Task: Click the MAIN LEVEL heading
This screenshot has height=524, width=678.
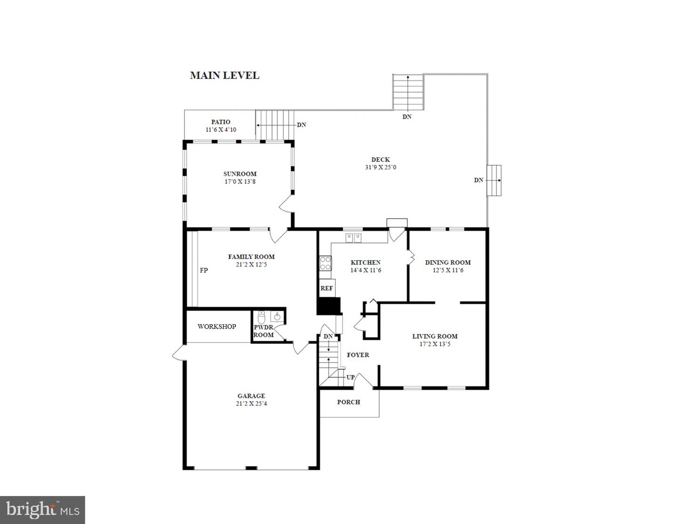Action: tap(224, 75)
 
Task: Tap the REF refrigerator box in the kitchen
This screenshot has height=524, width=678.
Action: tap(326, 288)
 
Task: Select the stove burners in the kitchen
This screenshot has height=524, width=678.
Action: tap(325, 263)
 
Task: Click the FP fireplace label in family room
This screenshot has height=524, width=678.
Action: tap(203, 270)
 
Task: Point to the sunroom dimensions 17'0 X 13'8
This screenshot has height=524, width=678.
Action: tap(240, 182)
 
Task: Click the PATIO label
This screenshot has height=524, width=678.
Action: tap(220, 122)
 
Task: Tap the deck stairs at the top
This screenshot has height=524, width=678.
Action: tap(408, 92)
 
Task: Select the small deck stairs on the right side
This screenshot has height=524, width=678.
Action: tap(494, 180)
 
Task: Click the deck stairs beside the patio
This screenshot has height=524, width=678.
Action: tap(275, 125)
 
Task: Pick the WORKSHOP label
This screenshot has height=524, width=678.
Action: tap(217, 326)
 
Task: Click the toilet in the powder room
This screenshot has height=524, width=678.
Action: tap(262, 316)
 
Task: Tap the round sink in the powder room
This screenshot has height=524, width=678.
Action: tap(278, 316)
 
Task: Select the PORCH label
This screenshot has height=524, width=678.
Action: tap(348, 402)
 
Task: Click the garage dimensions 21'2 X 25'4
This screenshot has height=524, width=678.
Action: tap(251, 403)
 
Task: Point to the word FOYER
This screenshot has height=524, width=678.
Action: tap(358, 355)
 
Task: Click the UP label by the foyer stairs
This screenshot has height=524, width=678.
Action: tap(351, 377)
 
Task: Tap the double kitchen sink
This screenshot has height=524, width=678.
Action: tap(353, 237)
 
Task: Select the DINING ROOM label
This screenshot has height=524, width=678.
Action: tap(448, 262)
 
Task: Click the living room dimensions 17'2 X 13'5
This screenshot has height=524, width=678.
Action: tap(435, 344)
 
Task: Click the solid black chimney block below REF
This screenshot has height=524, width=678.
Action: tap(328, 306)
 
